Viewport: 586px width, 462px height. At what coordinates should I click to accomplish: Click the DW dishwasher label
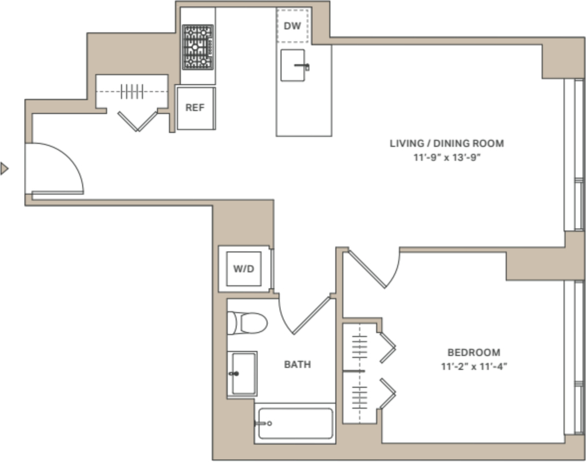tap(292, 26)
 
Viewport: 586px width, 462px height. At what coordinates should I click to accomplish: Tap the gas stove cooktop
tap(197, 47)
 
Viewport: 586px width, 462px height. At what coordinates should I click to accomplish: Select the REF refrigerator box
tap(196, 108)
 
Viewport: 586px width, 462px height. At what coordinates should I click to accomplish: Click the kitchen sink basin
tap(292, 65)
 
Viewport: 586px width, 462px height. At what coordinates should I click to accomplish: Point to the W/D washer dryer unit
tap(244, 269)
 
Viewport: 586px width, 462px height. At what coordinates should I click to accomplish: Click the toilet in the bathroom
tap(247, 323)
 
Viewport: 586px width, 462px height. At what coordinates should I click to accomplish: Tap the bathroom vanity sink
tap(242, 373)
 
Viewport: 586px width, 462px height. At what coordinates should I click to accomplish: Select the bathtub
tap(295, 424)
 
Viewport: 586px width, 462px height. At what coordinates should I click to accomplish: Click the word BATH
tap(298, 365)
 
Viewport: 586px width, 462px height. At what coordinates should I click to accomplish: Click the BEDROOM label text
tap(474, 353)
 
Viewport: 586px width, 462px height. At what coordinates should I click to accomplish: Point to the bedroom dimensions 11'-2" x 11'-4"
tap(474, 367)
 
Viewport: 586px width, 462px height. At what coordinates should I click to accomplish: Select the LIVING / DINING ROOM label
tap(446, 144)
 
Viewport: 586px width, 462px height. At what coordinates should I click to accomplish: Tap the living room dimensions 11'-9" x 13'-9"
tap(446, 157)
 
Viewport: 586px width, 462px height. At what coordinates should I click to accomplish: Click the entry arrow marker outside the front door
tap(4, 169)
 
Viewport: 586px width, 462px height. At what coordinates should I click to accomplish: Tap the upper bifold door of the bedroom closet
tap(387, 348)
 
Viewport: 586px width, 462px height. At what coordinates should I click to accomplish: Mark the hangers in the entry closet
tap(132, 91)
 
